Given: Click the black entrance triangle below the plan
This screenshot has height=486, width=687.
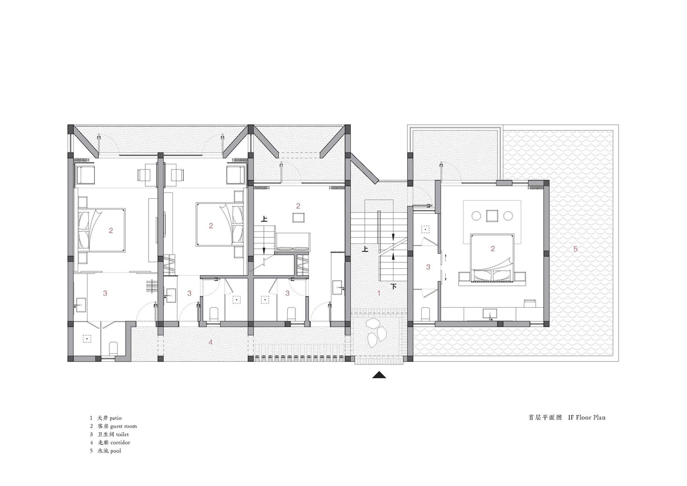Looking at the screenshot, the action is (x=379, y=375).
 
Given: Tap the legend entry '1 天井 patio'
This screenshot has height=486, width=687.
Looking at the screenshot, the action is (x=105, y=418).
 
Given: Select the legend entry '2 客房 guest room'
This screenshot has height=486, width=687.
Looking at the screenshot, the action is (x=113, y=426).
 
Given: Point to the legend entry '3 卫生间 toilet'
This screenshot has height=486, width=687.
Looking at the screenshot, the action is (x=109, y=434).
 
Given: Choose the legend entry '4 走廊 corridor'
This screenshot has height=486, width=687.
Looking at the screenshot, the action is (x=110, y=442).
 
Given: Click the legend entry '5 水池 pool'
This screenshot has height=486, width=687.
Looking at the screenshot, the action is (x=105, y=451).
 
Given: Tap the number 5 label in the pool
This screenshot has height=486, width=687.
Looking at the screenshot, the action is (x=575, y=249).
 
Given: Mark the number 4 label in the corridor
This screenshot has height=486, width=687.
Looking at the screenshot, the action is (x=210, y=342).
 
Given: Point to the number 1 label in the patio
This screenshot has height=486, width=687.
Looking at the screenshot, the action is (x=379, y=293).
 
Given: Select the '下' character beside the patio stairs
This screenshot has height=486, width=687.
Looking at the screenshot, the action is (x=394, y=287).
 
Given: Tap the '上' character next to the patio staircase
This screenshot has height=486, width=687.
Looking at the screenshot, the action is (x=365, y=249).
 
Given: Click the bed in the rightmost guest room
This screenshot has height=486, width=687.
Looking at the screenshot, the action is (x=492, y=258).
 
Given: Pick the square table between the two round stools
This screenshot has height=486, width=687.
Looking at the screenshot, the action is (x=492, y=216).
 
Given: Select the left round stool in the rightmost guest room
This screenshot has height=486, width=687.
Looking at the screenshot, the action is (x=476, y=216).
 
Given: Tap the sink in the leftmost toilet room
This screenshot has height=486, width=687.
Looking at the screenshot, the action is (x=81, y=305).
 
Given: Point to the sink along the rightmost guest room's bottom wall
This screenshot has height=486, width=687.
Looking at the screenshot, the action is (x=490, y=314).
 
